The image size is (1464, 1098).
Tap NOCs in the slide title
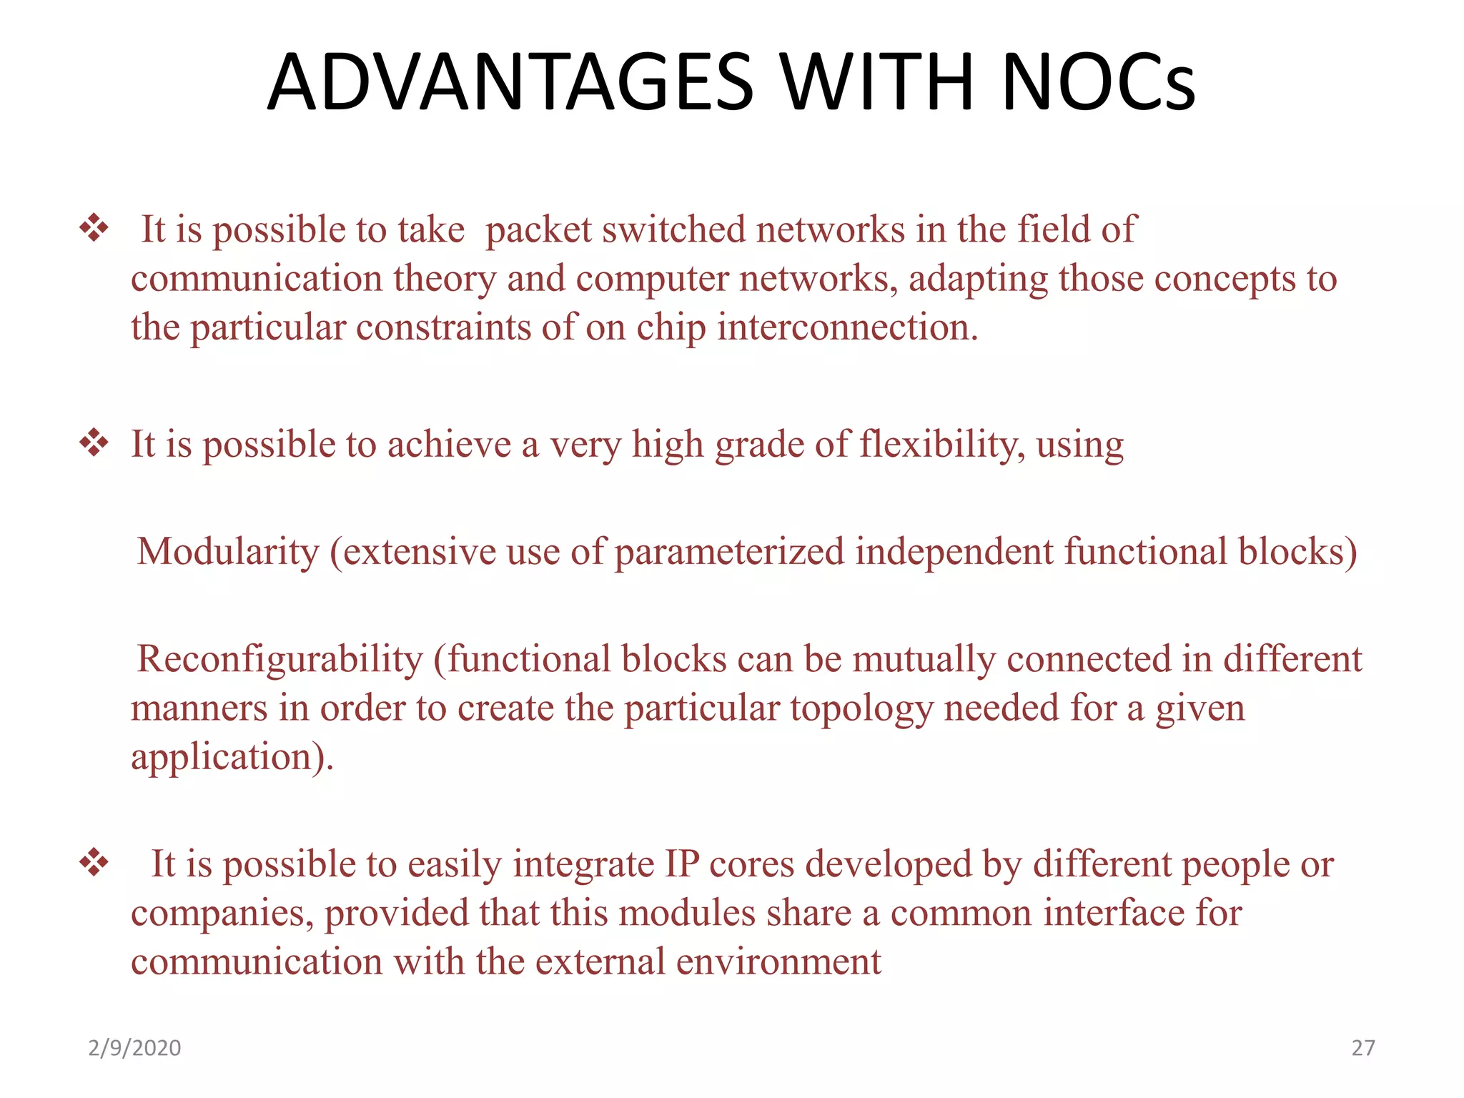(1098, 82)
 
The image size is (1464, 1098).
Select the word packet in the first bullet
(538, 230)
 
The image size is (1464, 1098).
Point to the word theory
(444, 279)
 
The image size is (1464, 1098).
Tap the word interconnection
(847, 327)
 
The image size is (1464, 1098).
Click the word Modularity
(228, 553)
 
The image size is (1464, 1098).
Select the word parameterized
(729, 553)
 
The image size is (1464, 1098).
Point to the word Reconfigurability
(280, 659)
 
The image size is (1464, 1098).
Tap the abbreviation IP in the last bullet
(682, 864)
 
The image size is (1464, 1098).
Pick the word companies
(222, 914)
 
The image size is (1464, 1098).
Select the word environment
(778, 962)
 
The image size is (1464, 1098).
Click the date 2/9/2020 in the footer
(134, 1048)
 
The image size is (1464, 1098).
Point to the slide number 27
(1362, 1048)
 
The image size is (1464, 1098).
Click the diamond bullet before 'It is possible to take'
(94, 229)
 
